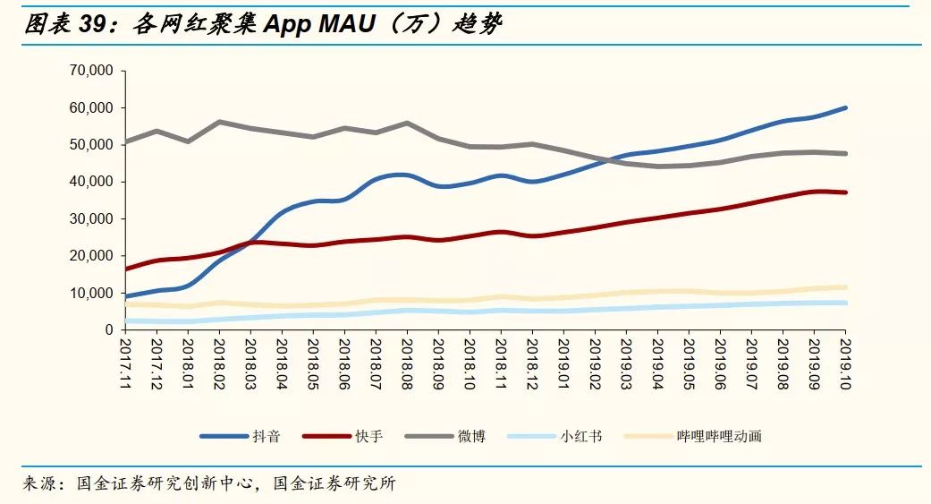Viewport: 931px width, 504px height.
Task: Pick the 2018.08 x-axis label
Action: [406, 357]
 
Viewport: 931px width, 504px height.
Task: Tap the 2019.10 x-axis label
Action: [845, 357]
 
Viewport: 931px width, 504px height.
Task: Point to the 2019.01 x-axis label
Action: [563, 357]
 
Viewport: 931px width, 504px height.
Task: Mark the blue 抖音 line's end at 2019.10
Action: [845, 107]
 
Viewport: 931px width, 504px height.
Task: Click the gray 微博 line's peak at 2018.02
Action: [219, 122]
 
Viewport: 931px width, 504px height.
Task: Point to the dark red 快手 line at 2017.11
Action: [125, 269]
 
